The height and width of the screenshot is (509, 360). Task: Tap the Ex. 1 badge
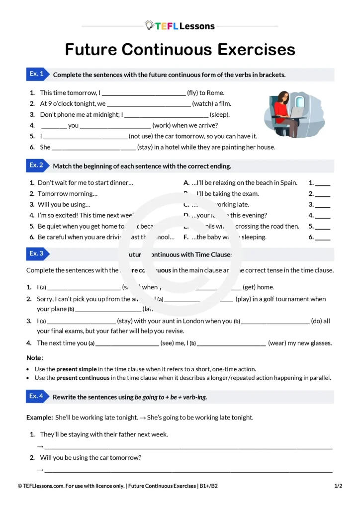coord(37,74)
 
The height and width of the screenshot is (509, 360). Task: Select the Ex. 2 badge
coord(37,166)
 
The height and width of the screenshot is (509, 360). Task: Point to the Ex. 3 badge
coord(37,254)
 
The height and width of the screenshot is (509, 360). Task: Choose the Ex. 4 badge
coord(37,396)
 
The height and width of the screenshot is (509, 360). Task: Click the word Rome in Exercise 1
coord(216,93)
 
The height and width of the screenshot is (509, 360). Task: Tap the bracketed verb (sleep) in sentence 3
coord(220,114)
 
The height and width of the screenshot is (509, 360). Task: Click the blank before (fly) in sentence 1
coord(143,93)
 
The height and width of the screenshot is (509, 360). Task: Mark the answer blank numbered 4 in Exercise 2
coord(323,216)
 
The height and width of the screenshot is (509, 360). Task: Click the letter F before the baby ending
coord(186,237)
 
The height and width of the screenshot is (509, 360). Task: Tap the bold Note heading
coord(34,358)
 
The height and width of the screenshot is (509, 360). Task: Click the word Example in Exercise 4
coord(39,418)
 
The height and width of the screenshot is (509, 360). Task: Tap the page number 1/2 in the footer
coord(338,486)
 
